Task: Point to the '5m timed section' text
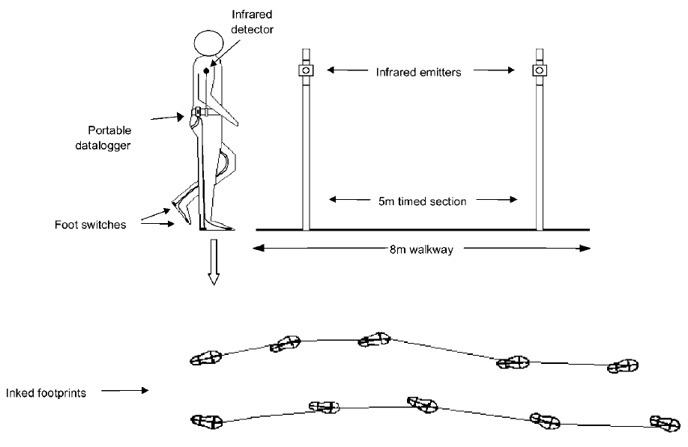coord(423,200)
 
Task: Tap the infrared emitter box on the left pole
coord(306,70)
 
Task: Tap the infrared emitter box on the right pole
coord(537,70)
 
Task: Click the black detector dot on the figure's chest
coord(205,70)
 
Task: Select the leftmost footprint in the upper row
coord(205,358)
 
